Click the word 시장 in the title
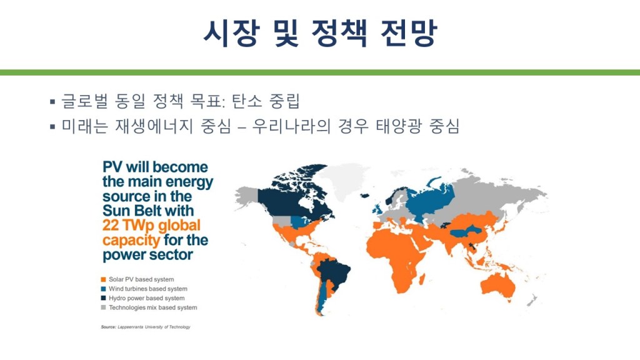(x=231, y=33)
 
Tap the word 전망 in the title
(x=409, y=33)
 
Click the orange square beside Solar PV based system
(x=103, y=279)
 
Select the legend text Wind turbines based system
(x=147, y=289)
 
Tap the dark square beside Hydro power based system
(x=103, y=298)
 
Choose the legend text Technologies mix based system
(x=152, y=307)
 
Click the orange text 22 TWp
(x=128, y=225)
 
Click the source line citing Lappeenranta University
(x=146, y=327)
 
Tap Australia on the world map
(x=498, y=285)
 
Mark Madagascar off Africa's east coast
(x=422, y=281)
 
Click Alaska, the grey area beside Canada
(x=247, y=195)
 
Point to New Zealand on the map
(x=531, y=301)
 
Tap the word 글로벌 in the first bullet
(x=84, y=101)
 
